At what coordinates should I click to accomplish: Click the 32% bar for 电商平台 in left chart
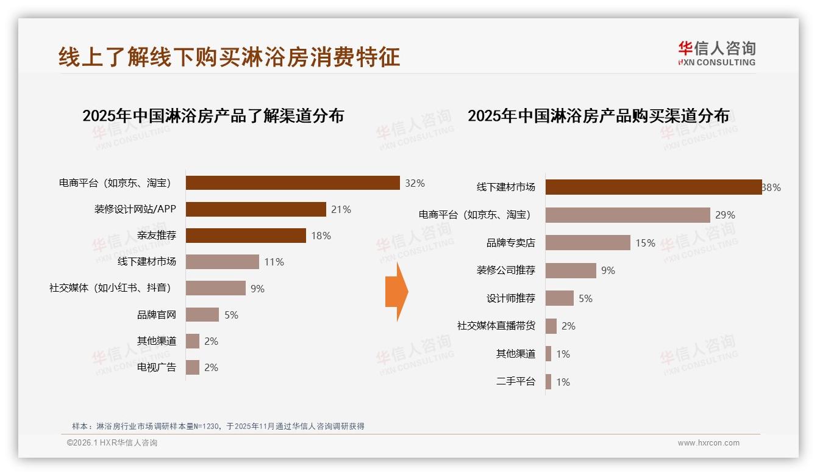tap(293, 183)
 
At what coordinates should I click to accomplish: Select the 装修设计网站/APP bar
tap(256, 209)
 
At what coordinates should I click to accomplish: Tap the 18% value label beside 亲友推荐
tap(321, 236)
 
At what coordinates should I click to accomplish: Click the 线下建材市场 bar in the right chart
tap(654, 187)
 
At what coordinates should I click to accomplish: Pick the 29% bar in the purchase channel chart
tap(628, 215)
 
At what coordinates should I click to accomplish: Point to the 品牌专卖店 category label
tap(510, 243)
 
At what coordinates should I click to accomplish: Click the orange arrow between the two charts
tap(396, 292)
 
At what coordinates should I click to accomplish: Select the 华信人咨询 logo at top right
tap(716, 53)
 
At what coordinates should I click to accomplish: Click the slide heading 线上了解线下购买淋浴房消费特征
tap(229, 57)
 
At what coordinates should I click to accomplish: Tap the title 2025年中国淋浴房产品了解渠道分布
tap(213, 115)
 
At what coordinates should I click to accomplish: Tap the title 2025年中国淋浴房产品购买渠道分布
tap(598, 115)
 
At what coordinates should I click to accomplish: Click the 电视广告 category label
tap(156, 367)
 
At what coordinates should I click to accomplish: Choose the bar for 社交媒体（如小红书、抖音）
tap(216, 288)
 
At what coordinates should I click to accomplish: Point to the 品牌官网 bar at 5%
tap(202, 315)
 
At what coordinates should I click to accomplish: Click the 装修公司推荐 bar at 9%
tap(571, 270)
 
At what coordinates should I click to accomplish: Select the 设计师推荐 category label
tap(510, 298)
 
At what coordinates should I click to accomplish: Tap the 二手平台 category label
tap(515, 382)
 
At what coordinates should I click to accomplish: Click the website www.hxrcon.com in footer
tap(708, 443)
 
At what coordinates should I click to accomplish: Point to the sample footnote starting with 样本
tap(218, 426)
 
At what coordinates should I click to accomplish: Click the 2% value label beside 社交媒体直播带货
tap(568, 326)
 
